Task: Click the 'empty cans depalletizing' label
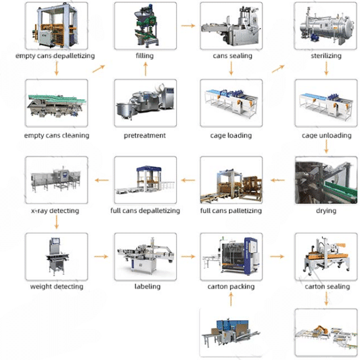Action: click(55, 56)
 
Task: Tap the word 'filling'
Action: click(145, 56)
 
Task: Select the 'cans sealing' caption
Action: click(232, 56)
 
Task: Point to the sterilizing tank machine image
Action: click(326, 26)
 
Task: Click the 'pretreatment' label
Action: click(145, 135)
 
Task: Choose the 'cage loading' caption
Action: click(231, 135)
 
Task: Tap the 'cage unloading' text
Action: click(327, 135)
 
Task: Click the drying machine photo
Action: click(326, 180)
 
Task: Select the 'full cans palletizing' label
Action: click(231, 211)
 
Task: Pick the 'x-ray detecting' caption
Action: click(55, 211)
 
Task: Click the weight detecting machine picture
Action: click(56, 257)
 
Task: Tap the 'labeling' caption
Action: click(147, 287)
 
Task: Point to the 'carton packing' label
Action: click(231, 287)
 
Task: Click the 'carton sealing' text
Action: click(327, 287)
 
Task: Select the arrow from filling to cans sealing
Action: click(188, 26)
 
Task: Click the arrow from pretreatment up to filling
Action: click(145, 69)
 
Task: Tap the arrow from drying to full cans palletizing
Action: click(278, 180)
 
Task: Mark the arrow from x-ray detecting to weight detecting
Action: click(56, 223)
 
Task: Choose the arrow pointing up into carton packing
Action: click(231, 299)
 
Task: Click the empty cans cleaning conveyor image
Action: click(56, 103)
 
